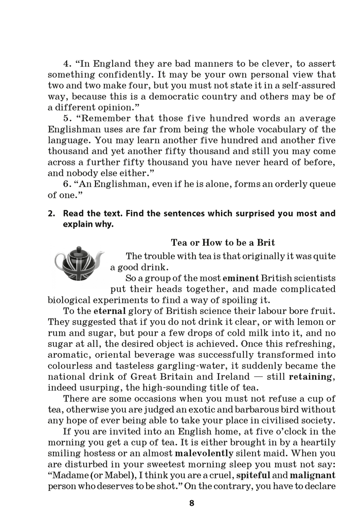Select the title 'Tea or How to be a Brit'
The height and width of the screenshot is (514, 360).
coord(222,243)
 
